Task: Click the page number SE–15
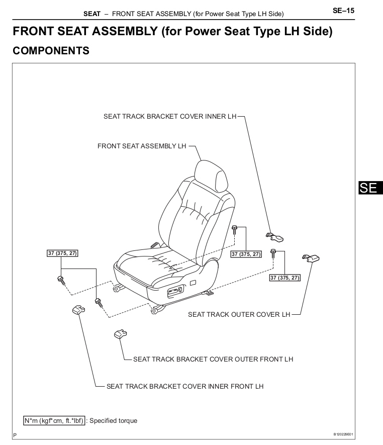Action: [343, 11]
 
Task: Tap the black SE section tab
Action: [371, 188]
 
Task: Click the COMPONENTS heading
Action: [51, 51]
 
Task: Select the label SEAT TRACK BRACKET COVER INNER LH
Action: [170, 116]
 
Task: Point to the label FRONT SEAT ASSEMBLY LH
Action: [142, 146]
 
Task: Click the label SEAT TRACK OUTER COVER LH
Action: [239, 314]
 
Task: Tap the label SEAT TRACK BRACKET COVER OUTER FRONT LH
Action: [213, 360]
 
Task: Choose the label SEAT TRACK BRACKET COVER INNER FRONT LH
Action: [185, 387]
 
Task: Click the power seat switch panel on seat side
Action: [175, 292]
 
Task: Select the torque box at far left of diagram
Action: [62, 253]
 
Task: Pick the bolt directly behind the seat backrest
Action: [234, 229]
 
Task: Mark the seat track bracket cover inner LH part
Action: [274, 237]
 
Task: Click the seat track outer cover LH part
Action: [311, 258]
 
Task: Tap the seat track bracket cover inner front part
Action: [78, 310]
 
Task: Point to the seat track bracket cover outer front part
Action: [120, 334]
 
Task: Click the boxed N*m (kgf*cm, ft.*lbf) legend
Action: [54, 420]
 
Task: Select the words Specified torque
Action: [113, 420]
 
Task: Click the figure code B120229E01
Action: [343, 434]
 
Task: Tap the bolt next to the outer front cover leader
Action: [99, 303]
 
